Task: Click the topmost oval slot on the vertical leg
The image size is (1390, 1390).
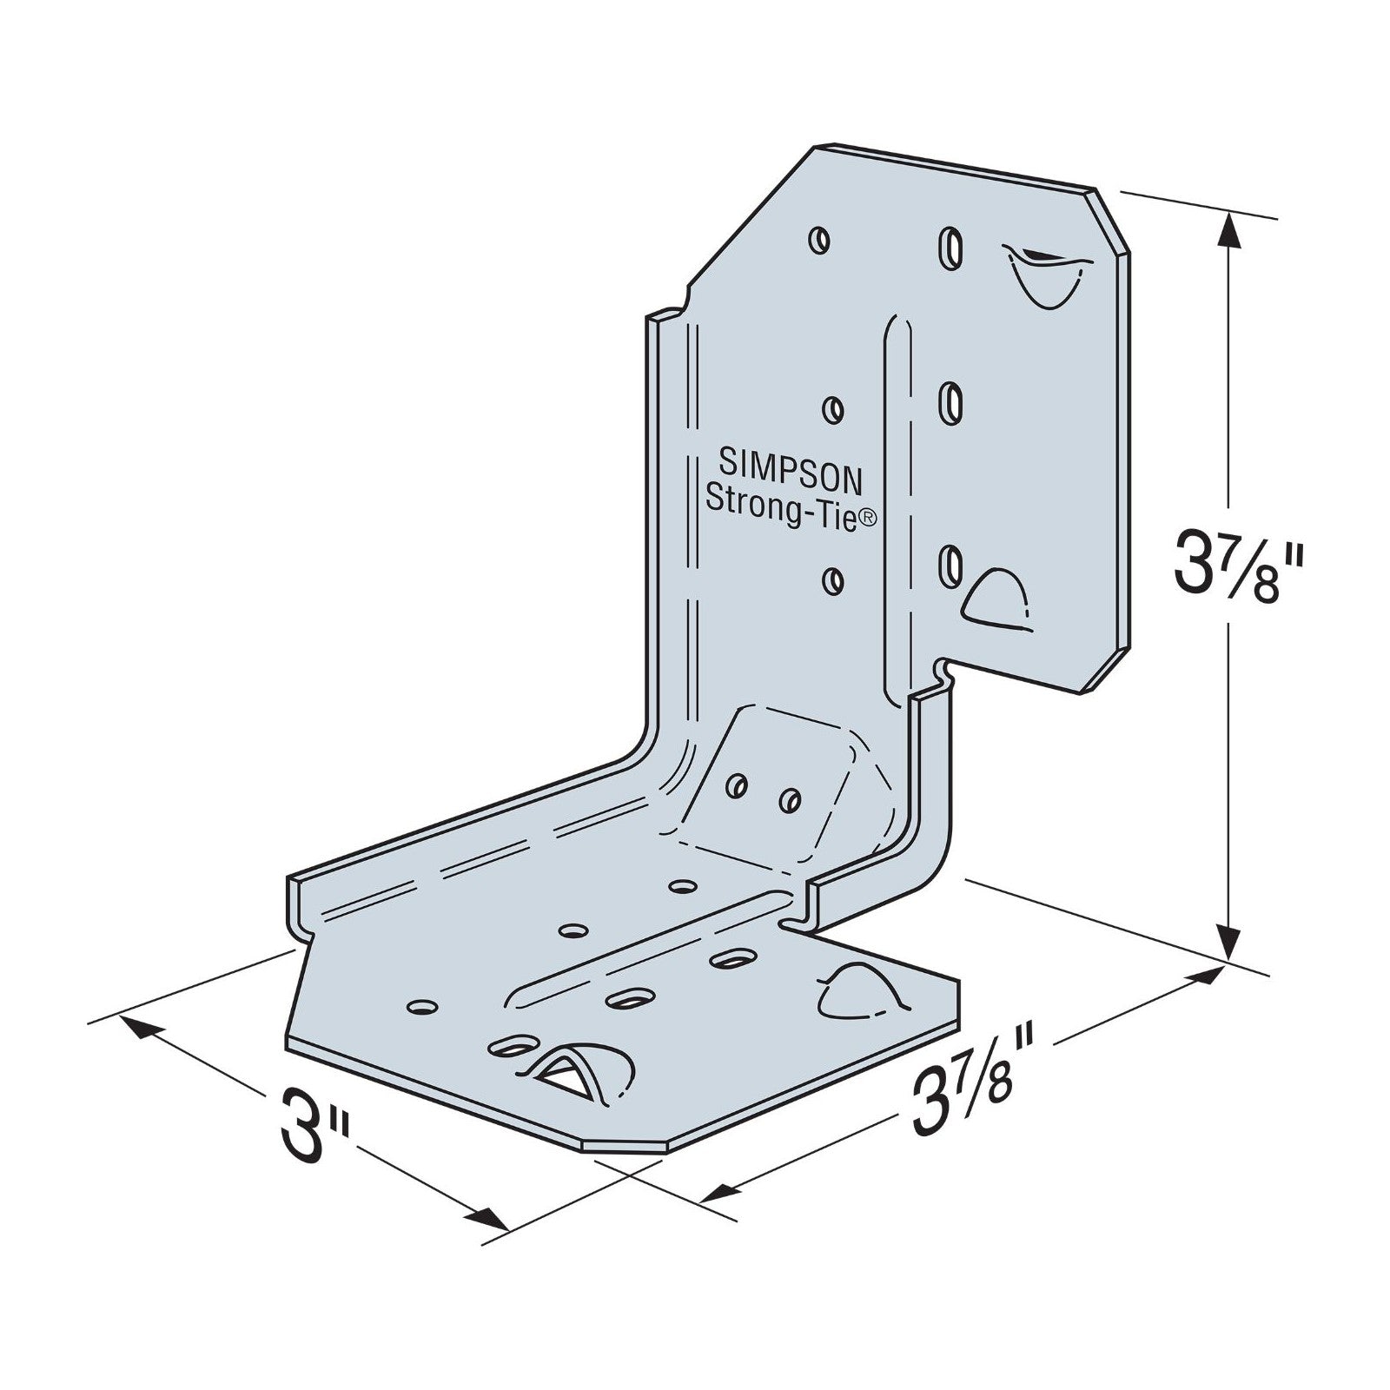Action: coord(950,246)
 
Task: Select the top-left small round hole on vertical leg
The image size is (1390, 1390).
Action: coord(818,240)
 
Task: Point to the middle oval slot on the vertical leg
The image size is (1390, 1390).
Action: coord(952,402)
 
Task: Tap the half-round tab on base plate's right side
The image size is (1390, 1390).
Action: coord(855,990)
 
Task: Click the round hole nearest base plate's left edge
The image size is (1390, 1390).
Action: coord(421,1006)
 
